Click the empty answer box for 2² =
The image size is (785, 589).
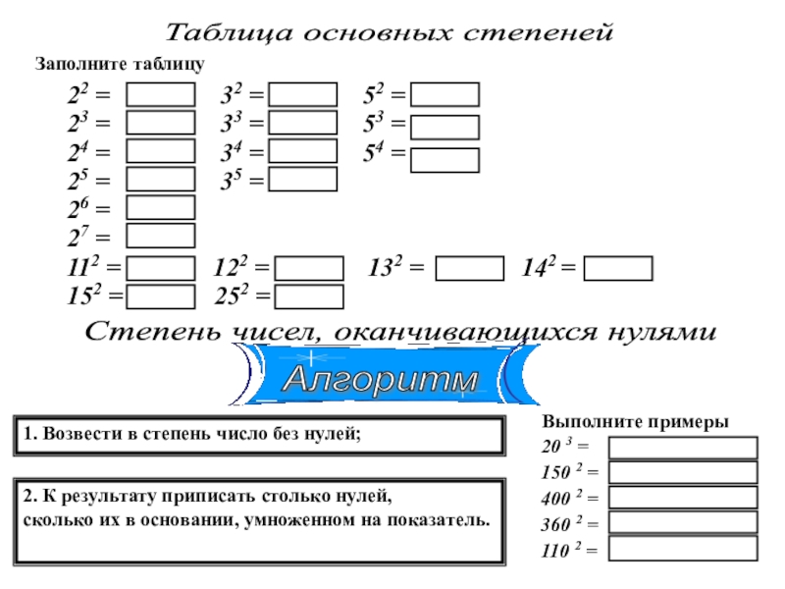pyautogui.click(x=161, y=95)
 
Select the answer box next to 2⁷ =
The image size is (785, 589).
pyautogui.click(x=161, y=236)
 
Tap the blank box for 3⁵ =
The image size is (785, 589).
pyautogui.click(x=302, y=180)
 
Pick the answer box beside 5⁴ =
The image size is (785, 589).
pyautogui.click(x=445, y=160)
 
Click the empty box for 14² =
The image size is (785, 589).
pyautogui.click(x=617, y=268)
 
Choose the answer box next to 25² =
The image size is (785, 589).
pyautogui.click(x=309, y=296)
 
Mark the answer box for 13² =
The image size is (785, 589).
pyautogui.click(x=469, y=268)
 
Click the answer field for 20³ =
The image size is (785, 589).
pyautogui.click(x=683, y=449)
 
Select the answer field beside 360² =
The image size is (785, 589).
pyautogui.click(x=683, y=523)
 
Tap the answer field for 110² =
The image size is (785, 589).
pyautogui.click(x=683, y=549)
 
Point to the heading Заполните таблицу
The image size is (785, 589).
pyautogui.click(x=120, y=64)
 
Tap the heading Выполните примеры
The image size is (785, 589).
pyautogui.click(x=635, y=421)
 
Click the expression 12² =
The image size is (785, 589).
pyautogui.click(x=241, y=268)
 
